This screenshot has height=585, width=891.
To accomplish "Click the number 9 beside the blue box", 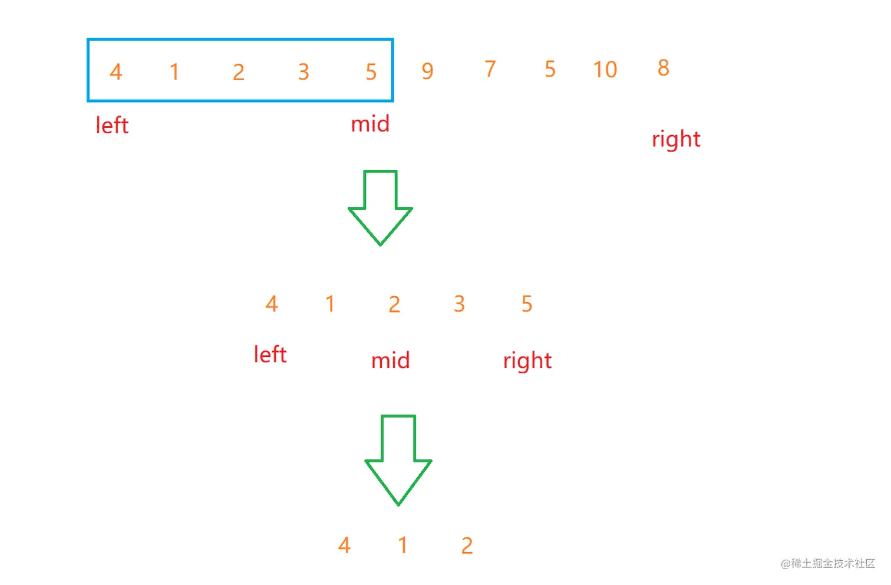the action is pos(428,71).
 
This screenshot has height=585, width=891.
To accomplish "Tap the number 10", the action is pos(605,70).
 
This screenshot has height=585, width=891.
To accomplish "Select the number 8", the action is pos(664,68).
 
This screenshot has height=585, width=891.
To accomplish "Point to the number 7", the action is pos(490,69).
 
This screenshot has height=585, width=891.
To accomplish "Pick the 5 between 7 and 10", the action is pos(550,69).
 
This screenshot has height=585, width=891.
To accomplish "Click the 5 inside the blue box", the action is pos(371,72).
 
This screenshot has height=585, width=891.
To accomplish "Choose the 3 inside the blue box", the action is pos(303,72).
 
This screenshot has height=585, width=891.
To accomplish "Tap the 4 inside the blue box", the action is pos(116,72).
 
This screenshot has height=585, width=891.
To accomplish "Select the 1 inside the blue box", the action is pos(174,72).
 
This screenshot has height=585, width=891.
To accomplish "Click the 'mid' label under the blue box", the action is pos(370,124).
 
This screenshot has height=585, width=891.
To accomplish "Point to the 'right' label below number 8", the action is pos(676,139).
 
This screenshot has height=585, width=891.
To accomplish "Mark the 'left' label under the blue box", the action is pos(112,125).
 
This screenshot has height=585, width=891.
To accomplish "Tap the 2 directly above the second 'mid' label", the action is pos(394,304).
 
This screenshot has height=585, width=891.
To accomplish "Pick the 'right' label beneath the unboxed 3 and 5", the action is pos(527,360).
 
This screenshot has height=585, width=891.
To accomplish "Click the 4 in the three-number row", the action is pos(345,545).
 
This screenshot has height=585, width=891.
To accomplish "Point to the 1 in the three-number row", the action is pos(403,545).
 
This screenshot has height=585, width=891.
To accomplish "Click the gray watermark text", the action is pos(828,564).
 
